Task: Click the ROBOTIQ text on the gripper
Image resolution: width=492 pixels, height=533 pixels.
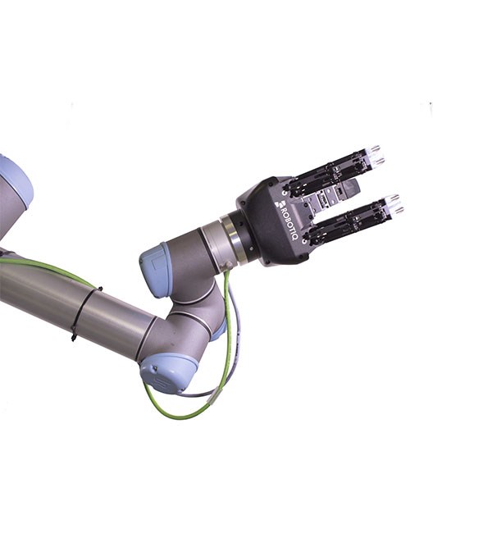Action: coord(289,223)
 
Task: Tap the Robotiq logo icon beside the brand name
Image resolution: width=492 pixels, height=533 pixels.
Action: coord(282,203)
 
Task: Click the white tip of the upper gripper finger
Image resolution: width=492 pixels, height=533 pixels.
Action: coord(376,154)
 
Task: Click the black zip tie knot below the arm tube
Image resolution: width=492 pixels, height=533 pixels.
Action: coord(74,333)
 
